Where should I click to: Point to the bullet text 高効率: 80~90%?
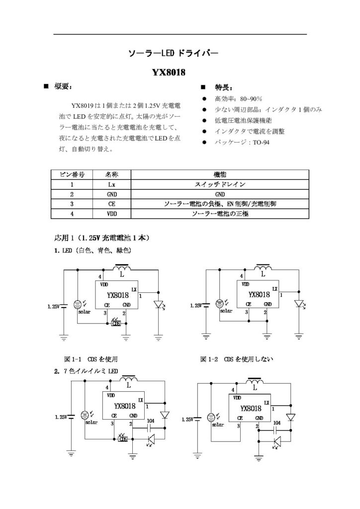(x=238, y=99)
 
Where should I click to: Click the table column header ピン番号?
(x=72, y=174)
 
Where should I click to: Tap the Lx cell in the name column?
(x=111, y=184)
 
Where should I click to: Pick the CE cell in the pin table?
(x=111, y=204)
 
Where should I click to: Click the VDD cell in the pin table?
(x=111, y=214)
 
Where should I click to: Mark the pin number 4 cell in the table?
(x=72, y=214)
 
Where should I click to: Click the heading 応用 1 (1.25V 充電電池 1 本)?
(x=101, y=238)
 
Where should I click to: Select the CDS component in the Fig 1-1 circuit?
(x=116, y=323)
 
